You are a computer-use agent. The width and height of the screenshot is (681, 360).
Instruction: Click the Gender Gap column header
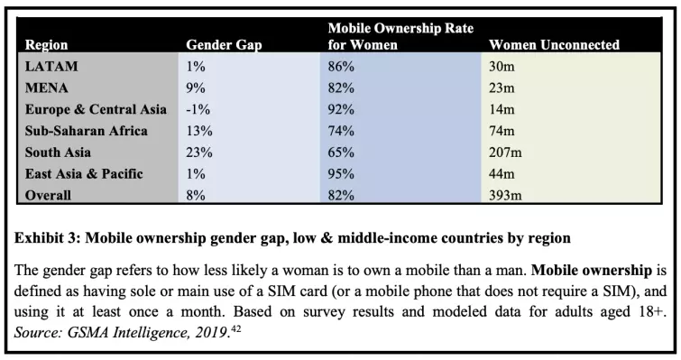coord(223,44)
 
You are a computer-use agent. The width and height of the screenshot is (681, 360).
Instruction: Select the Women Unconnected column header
coord(554,44)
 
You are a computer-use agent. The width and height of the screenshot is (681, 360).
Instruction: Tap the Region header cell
coord(46,44)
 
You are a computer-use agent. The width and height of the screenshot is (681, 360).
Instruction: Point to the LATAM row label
coord(51,66)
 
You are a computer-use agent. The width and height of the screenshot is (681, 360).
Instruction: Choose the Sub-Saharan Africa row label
coord(87,131)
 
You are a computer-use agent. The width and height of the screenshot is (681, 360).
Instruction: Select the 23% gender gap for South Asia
coord(198,152)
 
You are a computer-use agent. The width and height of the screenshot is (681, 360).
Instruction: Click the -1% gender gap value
coord(198,109)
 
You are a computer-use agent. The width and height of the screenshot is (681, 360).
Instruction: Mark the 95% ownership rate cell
coord(341,174)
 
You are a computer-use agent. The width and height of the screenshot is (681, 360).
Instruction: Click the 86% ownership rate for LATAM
coord(341,66)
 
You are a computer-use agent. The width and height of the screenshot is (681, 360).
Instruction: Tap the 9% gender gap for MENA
coord(195,88)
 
